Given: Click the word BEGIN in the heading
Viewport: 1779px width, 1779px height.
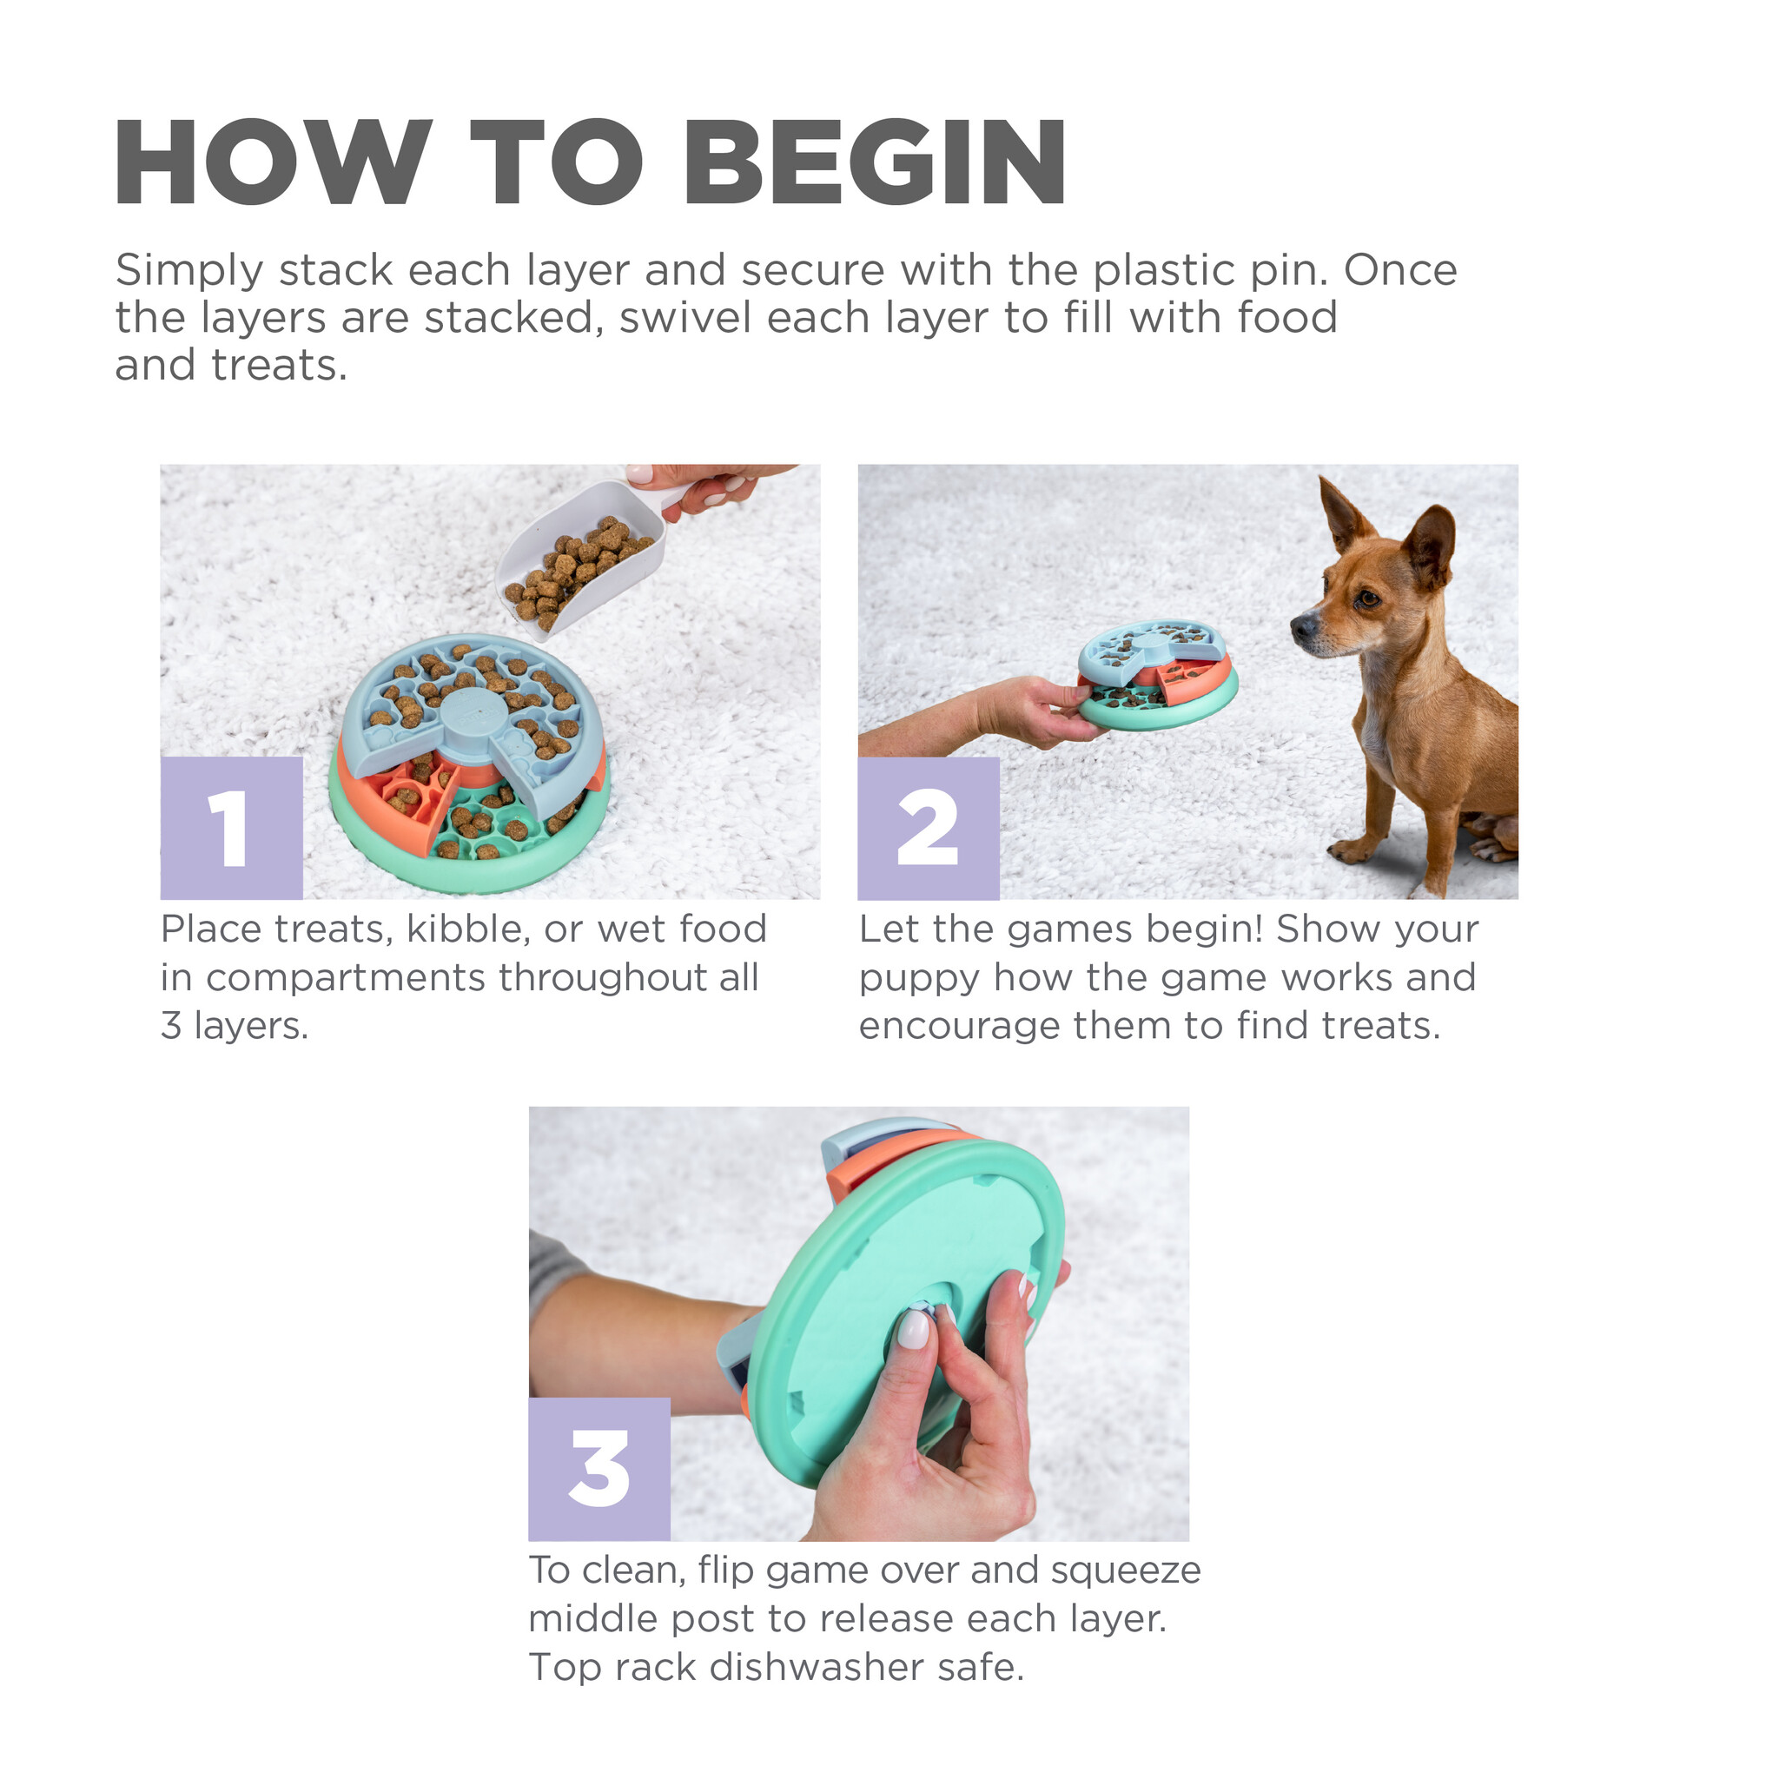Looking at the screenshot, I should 875,163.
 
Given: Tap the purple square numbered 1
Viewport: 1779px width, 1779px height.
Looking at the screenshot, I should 231,828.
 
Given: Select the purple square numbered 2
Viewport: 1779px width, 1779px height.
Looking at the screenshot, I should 929,828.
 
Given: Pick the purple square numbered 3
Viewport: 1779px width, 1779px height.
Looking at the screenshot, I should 599,1470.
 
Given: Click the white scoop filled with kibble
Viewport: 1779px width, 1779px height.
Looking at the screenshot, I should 580,557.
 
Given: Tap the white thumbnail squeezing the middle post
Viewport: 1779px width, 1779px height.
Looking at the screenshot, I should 914,1331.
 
